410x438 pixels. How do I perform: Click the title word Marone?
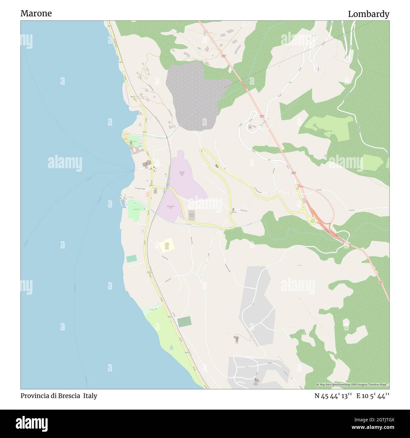coord(36,13)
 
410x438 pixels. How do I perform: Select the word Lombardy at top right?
coord(368,14)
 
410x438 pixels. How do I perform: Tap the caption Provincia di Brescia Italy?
coord(59,396)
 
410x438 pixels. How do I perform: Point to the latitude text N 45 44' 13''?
coord(333,396)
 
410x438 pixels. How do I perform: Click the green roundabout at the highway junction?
coord(313,221)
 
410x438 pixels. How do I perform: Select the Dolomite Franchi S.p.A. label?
coord(180,173)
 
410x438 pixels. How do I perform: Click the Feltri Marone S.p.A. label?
coord(171,207)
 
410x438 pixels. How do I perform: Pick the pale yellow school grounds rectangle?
coord(167,245)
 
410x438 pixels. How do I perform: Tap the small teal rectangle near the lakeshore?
coord(131,259)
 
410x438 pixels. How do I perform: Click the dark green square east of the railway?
coord(184,322)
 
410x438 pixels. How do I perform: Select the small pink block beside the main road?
coord(148,194)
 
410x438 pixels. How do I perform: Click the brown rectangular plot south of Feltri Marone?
coord(191,216)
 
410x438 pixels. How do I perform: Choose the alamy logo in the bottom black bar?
coord(32,423)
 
